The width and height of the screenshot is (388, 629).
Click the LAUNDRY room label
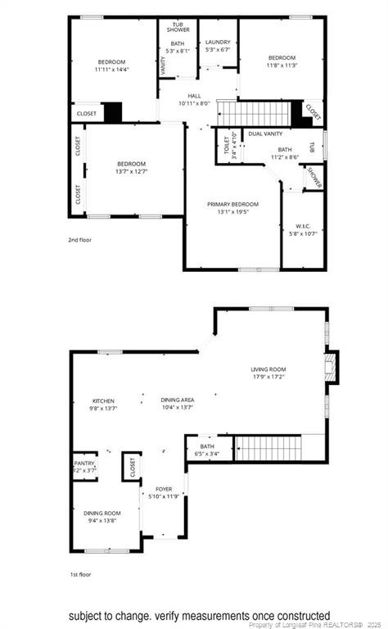click(218, 42)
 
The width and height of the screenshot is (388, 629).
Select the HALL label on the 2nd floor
click(194, 96)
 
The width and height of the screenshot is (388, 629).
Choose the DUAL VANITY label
click(265, 133)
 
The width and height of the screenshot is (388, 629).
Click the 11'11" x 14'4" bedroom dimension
click(111, 70)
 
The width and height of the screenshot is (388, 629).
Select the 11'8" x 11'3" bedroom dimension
click(282, 66)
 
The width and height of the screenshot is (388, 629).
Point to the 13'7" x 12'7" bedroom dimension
click(131, 171)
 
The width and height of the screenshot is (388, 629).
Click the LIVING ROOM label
click(268, 369)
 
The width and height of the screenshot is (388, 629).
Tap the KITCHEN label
click(103, 400)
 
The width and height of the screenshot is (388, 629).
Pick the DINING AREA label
click(177, 400)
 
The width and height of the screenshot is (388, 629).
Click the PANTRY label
click(85, 463)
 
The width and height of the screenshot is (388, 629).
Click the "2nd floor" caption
click(79, 241)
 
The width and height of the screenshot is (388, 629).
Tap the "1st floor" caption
click(79, 575)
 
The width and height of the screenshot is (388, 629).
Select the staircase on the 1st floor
click(268, 447)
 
